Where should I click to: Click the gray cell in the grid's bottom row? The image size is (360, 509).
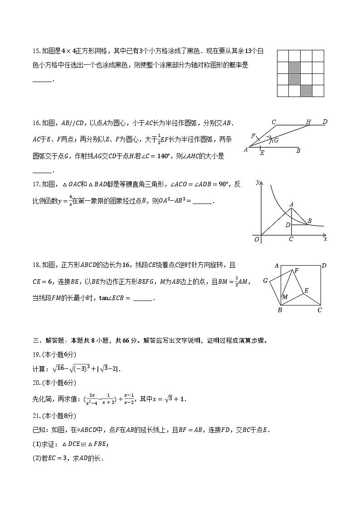(x=306, y=91)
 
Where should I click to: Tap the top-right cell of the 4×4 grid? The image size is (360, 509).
(x=318, y=56)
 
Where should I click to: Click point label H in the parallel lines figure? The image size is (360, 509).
(x=308, y=122)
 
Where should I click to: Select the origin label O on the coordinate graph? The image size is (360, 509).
(x=257, y=239)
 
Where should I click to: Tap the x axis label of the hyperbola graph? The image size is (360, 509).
(x=326, y=239)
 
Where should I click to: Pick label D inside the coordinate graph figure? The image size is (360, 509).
(x=287, y=224)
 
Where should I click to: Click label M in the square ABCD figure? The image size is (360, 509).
(x=285, y=297)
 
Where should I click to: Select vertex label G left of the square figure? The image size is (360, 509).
(x=266, y=281)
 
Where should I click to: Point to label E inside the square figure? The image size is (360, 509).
(x=306, y=291)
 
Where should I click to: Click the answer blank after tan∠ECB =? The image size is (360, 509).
(x=143, y=298)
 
